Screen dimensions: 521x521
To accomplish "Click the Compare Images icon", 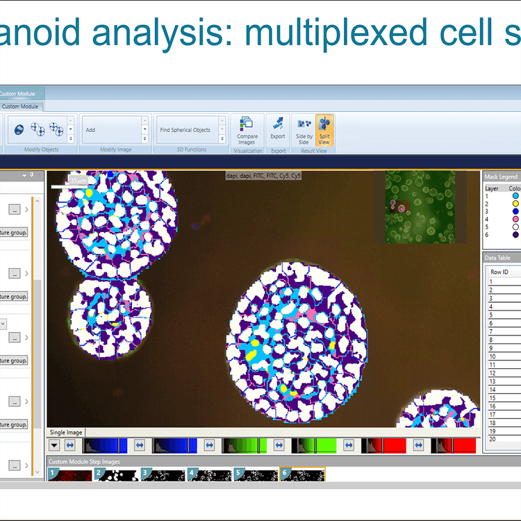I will tap(247, 130).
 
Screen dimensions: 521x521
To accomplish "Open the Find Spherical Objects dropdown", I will tap(222, 129).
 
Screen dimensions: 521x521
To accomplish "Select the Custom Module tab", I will tap(20, 106).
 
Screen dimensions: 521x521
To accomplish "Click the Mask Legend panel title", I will tap(501, 176).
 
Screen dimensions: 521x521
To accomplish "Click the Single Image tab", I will tap(67, 432).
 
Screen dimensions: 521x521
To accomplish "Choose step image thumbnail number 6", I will tap(302, 474).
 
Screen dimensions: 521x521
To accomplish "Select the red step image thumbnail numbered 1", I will tap(69, 474).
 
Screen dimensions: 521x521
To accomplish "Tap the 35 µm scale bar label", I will tap(76, 180).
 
